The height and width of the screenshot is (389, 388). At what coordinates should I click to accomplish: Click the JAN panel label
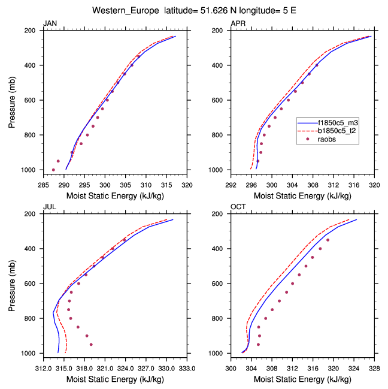point(50,23)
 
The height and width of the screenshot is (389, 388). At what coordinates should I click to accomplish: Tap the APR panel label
point(238,23)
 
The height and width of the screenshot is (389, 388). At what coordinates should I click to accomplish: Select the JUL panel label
point(50,207)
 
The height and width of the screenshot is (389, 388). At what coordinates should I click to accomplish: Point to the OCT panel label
point(238,207)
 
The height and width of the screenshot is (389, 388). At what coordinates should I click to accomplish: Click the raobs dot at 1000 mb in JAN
point(53,170)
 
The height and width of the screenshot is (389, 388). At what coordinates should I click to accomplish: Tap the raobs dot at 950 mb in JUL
point(91,345)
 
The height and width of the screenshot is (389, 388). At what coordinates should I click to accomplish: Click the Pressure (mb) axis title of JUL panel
point(13,283)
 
